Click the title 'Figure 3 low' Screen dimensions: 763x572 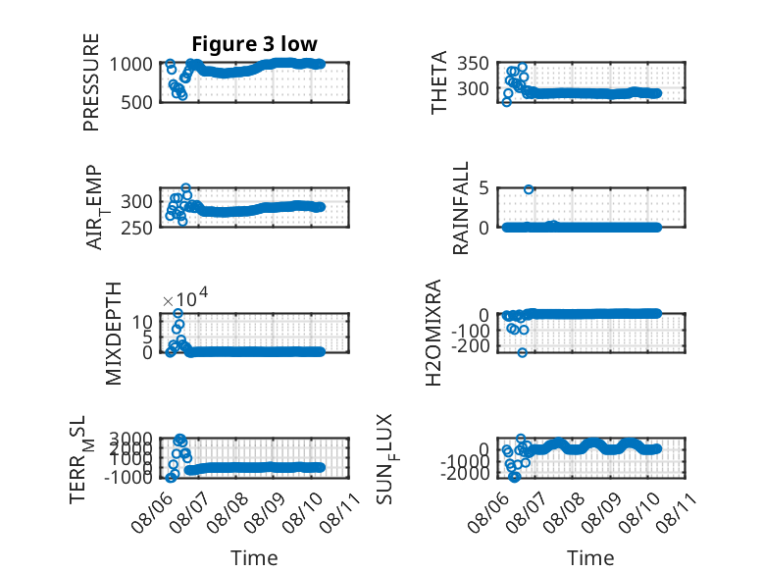click(x=254, y=44)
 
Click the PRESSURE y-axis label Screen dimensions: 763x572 click(x=91, y=82)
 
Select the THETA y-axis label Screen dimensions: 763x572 click(x=439, y=82)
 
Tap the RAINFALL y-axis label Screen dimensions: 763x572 click(x=460, y=208)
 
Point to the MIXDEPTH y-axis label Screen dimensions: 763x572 click(x=113, y=334)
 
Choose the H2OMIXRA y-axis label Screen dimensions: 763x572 click(x=433, y=333)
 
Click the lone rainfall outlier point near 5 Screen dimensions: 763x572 click(x=529, y=189)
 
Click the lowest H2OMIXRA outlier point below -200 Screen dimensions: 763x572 click(x=522, y=352)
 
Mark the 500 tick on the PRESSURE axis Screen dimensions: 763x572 click(x=136, y=103)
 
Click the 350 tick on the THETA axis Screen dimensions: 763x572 click(x=473, y=64)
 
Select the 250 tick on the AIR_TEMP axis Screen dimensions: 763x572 click(x=136, y=228)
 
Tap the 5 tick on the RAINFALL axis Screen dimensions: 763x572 click(x=483, y=188)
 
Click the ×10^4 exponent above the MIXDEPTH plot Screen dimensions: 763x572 click(x=185, y=297)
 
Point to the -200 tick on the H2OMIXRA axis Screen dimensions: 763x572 click(x=470, y=346)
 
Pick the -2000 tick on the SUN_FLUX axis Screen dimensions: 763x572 click(x=466, y=473)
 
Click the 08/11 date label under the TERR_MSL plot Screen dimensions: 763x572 click(x=339, y=512)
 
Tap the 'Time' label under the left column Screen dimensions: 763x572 click(x=254, y=558)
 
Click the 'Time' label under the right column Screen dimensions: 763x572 click(x=590, y=558)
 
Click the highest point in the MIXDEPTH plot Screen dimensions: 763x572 click(x=178, y=314)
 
